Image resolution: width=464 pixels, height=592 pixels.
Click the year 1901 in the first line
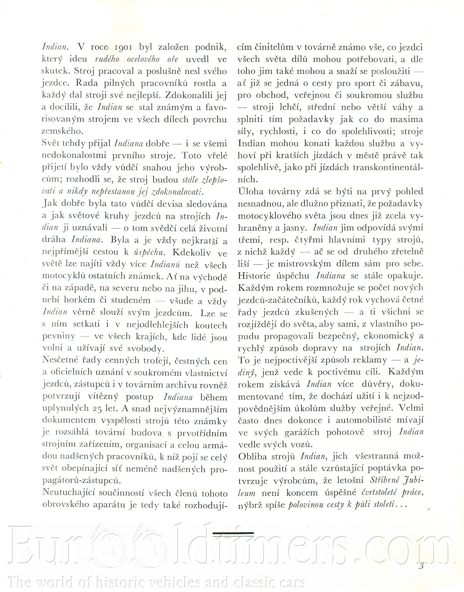click(123, 47)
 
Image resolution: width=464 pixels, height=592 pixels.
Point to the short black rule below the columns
click(233, 534)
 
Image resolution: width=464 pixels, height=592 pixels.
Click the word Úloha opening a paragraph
click(251, 191)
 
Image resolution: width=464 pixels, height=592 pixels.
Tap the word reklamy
click(370, 360)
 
